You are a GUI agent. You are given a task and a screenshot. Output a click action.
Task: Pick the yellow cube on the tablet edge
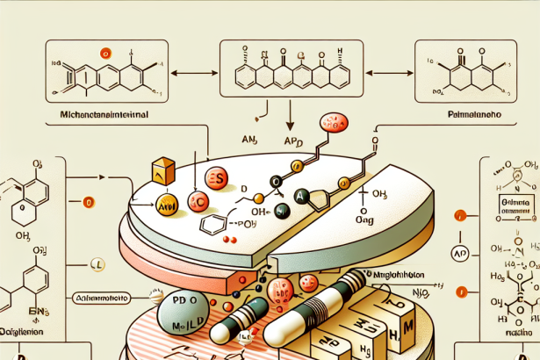click(x=163, y=172)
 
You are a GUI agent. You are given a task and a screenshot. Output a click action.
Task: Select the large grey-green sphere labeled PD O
click(x=187, y=313)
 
